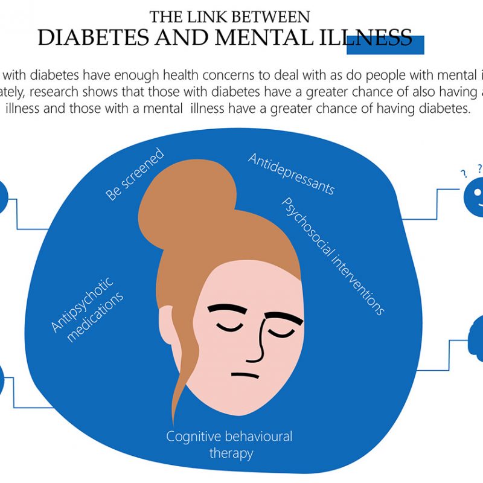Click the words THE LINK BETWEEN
coord(230,16)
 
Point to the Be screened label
coord(135,174)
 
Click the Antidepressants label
coord(291,174)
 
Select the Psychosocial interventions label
coord(333,255)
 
